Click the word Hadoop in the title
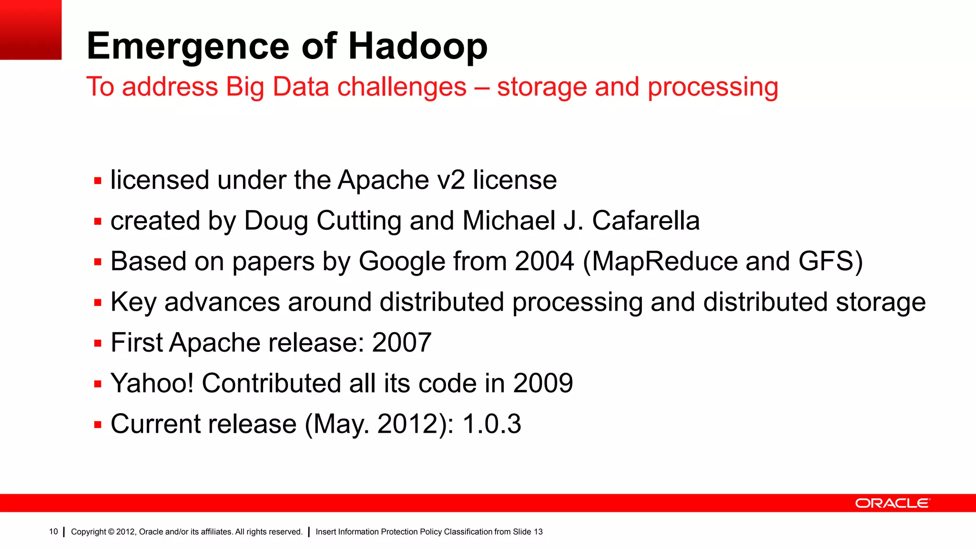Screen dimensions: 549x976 click(418, 47)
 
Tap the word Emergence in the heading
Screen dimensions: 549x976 click(188, 47)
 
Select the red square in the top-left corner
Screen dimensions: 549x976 click(30, 30)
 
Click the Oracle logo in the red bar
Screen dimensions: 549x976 click(892, 503)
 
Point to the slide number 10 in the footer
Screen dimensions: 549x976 click(53, 532)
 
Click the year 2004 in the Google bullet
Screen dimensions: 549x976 click(544, 262)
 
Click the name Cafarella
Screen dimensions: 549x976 click(646, 221)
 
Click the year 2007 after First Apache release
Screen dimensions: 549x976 click(402, 343)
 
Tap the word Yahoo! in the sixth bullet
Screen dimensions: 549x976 click(152, 384)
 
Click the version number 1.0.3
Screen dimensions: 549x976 click(492, 424)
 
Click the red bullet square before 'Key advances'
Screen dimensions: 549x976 click(98, 303)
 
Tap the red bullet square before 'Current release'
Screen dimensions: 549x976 click(98, 425)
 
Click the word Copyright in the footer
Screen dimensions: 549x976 click(89, 532)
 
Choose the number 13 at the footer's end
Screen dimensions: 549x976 click(538, 532)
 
